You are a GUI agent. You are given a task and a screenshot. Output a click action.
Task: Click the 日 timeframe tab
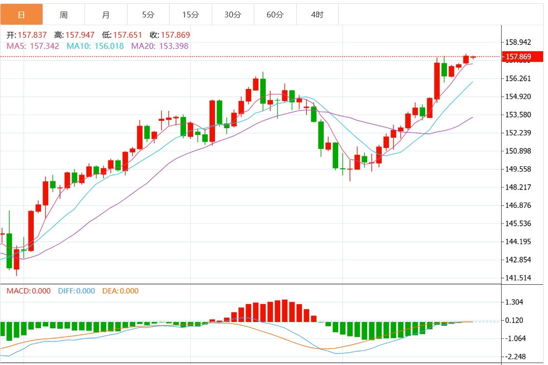(21, 15)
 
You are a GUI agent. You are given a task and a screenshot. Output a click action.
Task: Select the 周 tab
(64, 15)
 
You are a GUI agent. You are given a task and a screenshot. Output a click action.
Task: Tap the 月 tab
(106, 15)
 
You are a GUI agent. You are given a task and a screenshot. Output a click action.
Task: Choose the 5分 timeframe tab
(148, 15)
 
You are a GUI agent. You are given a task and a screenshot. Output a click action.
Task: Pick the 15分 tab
(190, 15)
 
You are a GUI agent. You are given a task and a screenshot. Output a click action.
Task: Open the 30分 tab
(232, 15)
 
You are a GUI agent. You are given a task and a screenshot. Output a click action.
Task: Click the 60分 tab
(275, 15)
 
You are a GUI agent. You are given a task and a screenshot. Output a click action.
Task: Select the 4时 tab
(317, 15)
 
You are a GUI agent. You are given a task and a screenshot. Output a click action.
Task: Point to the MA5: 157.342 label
(33, 46)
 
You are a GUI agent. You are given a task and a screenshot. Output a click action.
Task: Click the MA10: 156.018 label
(95, 46)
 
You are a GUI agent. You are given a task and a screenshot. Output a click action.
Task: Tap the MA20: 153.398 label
(160, 46)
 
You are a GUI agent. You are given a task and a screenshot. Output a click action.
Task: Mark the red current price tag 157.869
(518, 57)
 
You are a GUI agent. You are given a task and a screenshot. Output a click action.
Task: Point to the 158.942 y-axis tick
(518, 43)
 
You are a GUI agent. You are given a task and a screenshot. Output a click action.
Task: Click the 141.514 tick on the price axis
(518, 278)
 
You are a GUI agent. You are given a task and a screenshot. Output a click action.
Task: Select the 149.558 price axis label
(518, 169)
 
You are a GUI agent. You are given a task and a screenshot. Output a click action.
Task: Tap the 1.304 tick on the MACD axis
(514, 302)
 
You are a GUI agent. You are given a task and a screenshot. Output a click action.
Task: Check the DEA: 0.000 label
(120, 291)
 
